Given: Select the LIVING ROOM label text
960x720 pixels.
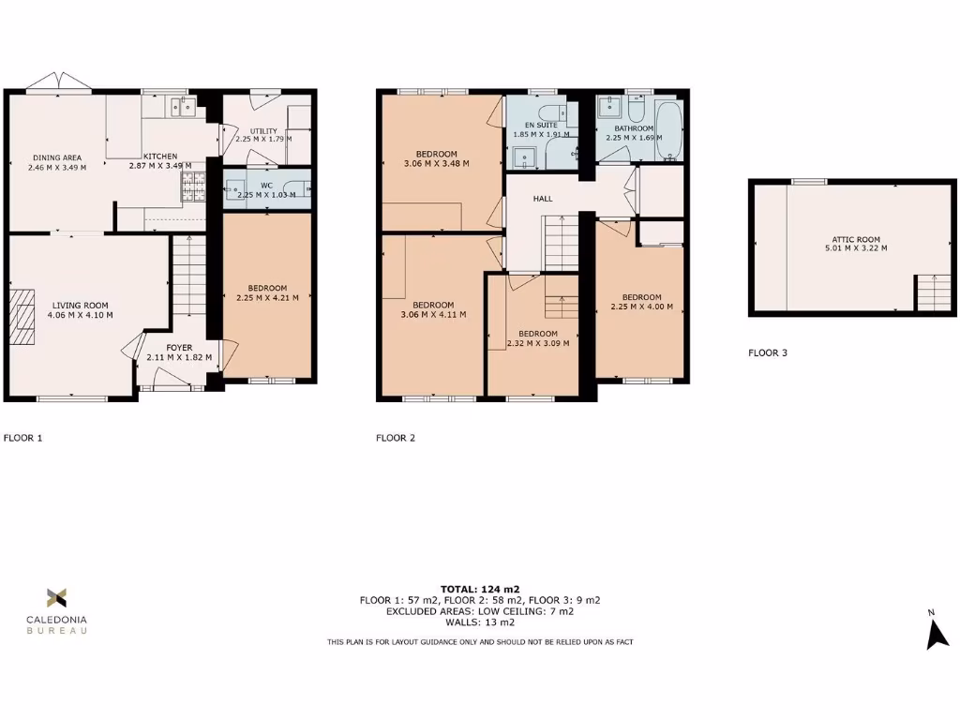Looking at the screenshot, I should click(x=81, y=305).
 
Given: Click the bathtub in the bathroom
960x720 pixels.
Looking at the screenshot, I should click(x=668, y=132).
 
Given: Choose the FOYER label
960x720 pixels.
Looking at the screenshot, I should click(x=179, y=348).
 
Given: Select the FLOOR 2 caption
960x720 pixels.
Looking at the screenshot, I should click(x=396, y=437).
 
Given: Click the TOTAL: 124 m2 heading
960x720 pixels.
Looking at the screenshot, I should click(x=479, y=589).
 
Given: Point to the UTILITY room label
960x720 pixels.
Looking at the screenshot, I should click(x=262, y=130).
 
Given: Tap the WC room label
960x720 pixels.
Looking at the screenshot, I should click(x=266, y=185).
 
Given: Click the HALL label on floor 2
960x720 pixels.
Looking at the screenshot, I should click(x=543, y=199).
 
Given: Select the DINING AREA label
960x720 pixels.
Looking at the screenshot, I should click(x=58, y=157).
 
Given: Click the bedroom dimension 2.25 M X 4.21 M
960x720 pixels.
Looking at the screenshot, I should click(x=267, y=298).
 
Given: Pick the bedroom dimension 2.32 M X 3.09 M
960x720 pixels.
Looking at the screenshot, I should click(x=538, y=343).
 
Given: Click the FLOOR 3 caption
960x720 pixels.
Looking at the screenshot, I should click(x=767, y=353).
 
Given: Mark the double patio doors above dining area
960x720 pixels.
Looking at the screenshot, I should click(x=58, y=85).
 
